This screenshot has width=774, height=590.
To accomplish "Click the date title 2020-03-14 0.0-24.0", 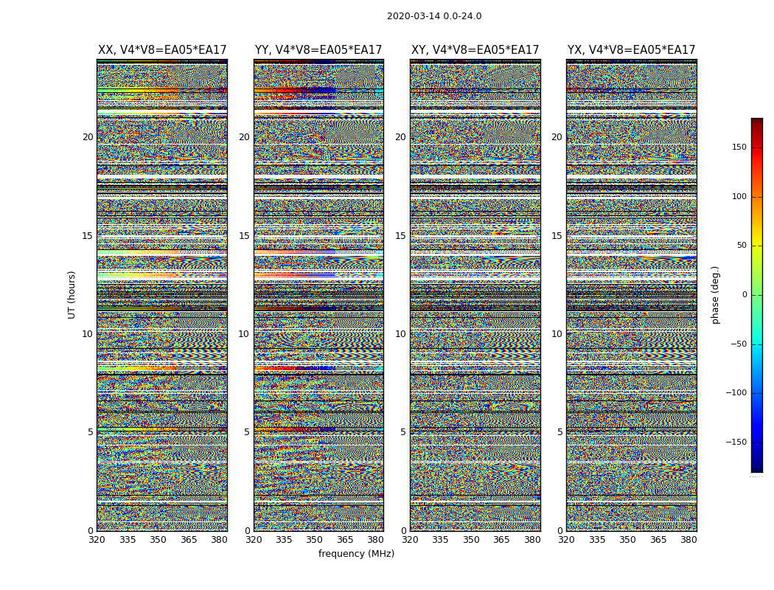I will point(434,16).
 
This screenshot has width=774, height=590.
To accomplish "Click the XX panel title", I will point(162,50).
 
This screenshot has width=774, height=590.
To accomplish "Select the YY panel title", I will point(318,50).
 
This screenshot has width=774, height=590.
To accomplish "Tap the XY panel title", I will point(475,50).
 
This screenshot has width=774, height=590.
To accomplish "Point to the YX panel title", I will point(632,50).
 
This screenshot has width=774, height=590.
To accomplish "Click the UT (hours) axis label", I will point(72,294).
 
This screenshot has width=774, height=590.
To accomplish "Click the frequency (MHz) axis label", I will point(356,554).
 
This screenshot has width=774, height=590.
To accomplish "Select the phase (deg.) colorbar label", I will point(716,294).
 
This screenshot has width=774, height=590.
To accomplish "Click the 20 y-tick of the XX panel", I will point(88,137).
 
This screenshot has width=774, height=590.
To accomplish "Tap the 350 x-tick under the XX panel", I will point(158,540).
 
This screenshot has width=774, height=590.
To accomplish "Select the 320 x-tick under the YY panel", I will point(254,540).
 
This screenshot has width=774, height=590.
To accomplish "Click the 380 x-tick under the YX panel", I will point(688,540).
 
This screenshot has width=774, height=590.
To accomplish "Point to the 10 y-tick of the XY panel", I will point(400,334).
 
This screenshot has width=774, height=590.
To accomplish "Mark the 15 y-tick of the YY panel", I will point(244,236).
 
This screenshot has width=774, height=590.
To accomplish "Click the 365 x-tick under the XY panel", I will point(501,540).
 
